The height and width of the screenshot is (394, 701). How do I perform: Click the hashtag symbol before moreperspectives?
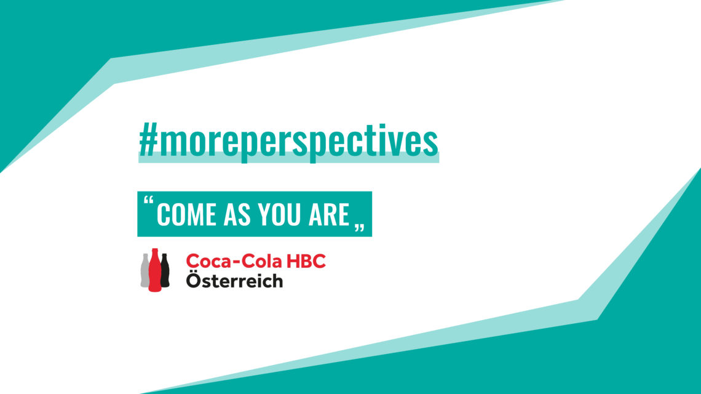tap(148, 140)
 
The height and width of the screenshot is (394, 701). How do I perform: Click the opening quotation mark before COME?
tap(148, 199)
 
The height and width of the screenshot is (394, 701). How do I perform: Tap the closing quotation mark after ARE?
tap(360, 227)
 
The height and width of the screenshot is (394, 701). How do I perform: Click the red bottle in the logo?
tap(155, 270)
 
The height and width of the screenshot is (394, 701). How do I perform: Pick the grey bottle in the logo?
tap(145, 270)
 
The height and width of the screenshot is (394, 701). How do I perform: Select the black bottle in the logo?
tap(165, 270)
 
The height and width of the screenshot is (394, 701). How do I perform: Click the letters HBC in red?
tap(306, 261)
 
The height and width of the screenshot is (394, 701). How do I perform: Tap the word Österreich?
tap(235, 280)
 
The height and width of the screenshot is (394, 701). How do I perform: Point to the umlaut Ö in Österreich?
tap(194, 280)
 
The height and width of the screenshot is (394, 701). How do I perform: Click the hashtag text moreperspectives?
tap(298, 140)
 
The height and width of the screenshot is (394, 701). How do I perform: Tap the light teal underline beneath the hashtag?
tap(289, 157)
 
